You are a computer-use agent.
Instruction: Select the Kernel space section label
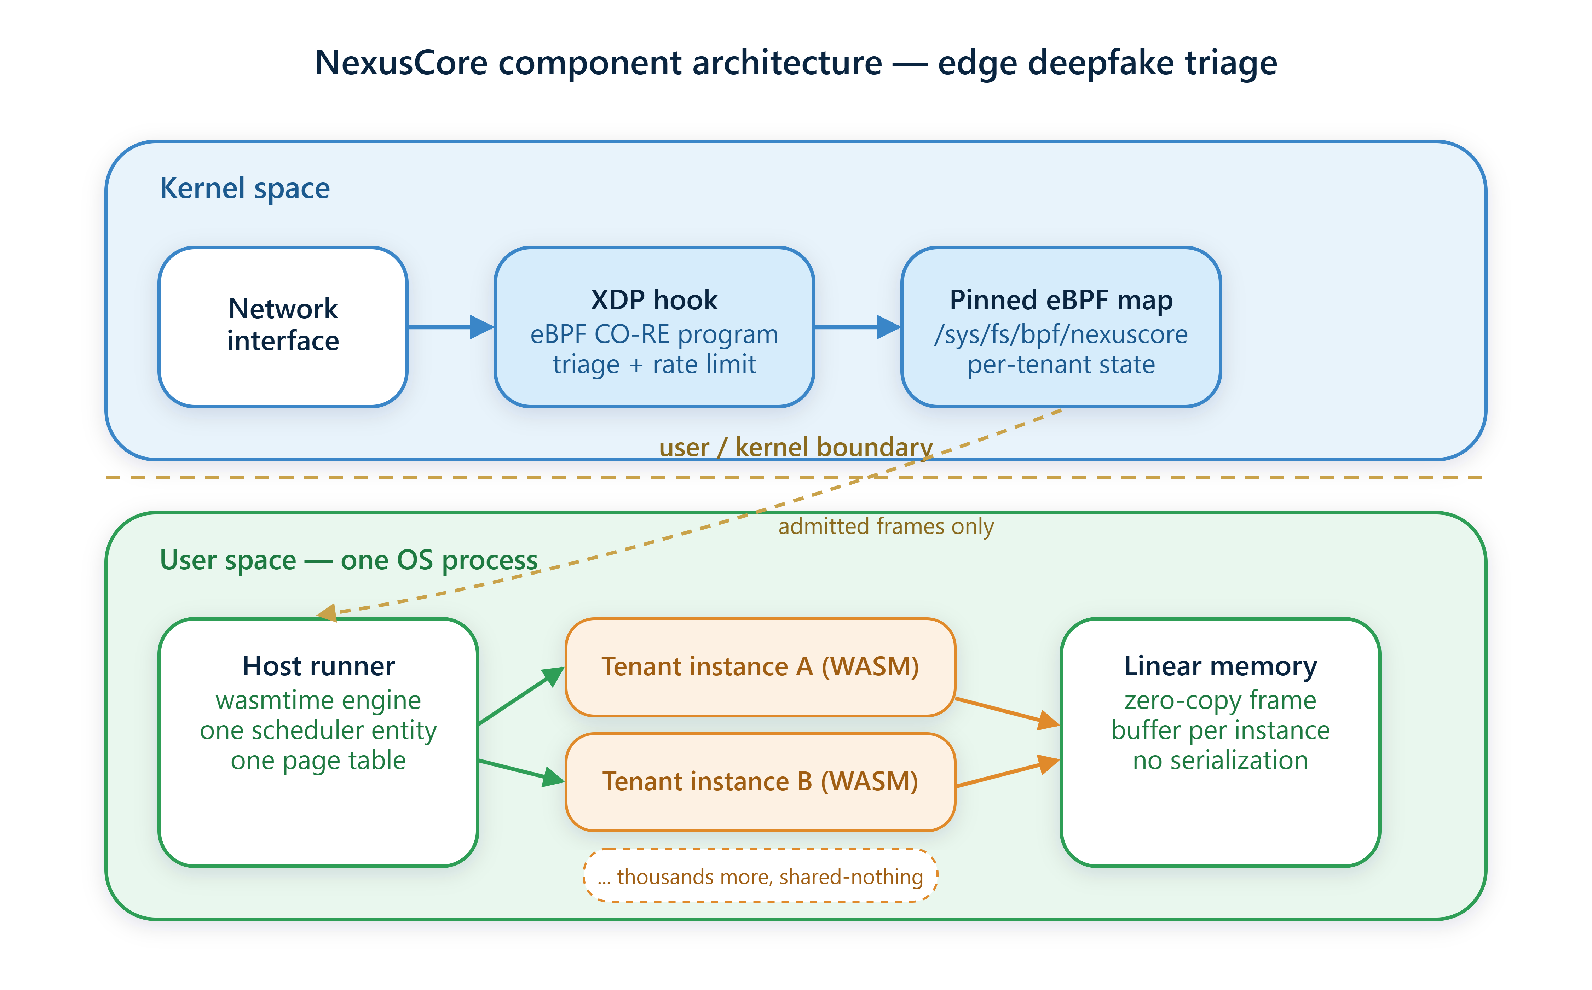coord(245,188)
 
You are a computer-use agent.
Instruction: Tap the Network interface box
coord(283,327)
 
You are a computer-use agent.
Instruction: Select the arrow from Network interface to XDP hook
coord(451,327)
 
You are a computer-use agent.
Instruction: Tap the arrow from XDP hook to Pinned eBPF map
coord(858,327)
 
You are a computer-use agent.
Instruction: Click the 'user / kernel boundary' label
coord(796,448)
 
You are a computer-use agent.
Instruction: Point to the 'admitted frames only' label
coord(886,526)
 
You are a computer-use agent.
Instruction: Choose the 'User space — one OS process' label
coord(348,560)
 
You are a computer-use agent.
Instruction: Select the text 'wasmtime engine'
coord(318,700)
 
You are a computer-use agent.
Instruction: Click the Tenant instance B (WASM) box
coord(760,782)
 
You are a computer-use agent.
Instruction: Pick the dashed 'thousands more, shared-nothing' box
coord(760,875)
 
